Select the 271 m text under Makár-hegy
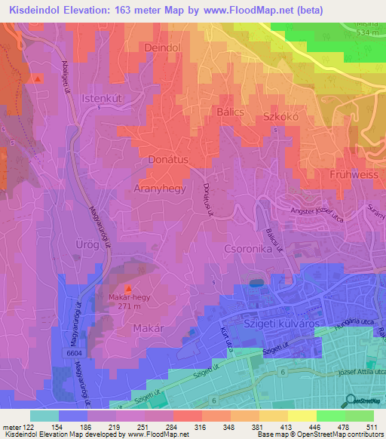click(x=125, y=307)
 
